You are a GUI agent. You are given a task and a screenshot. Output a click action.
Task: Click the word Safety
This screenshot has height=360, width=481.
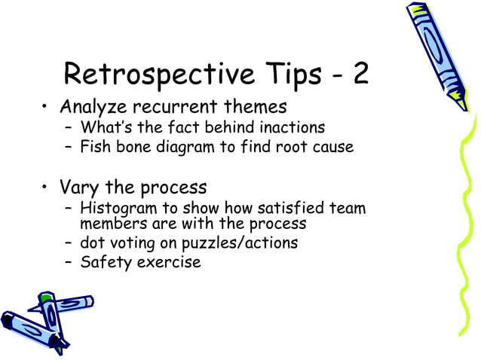pos(105,263)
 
